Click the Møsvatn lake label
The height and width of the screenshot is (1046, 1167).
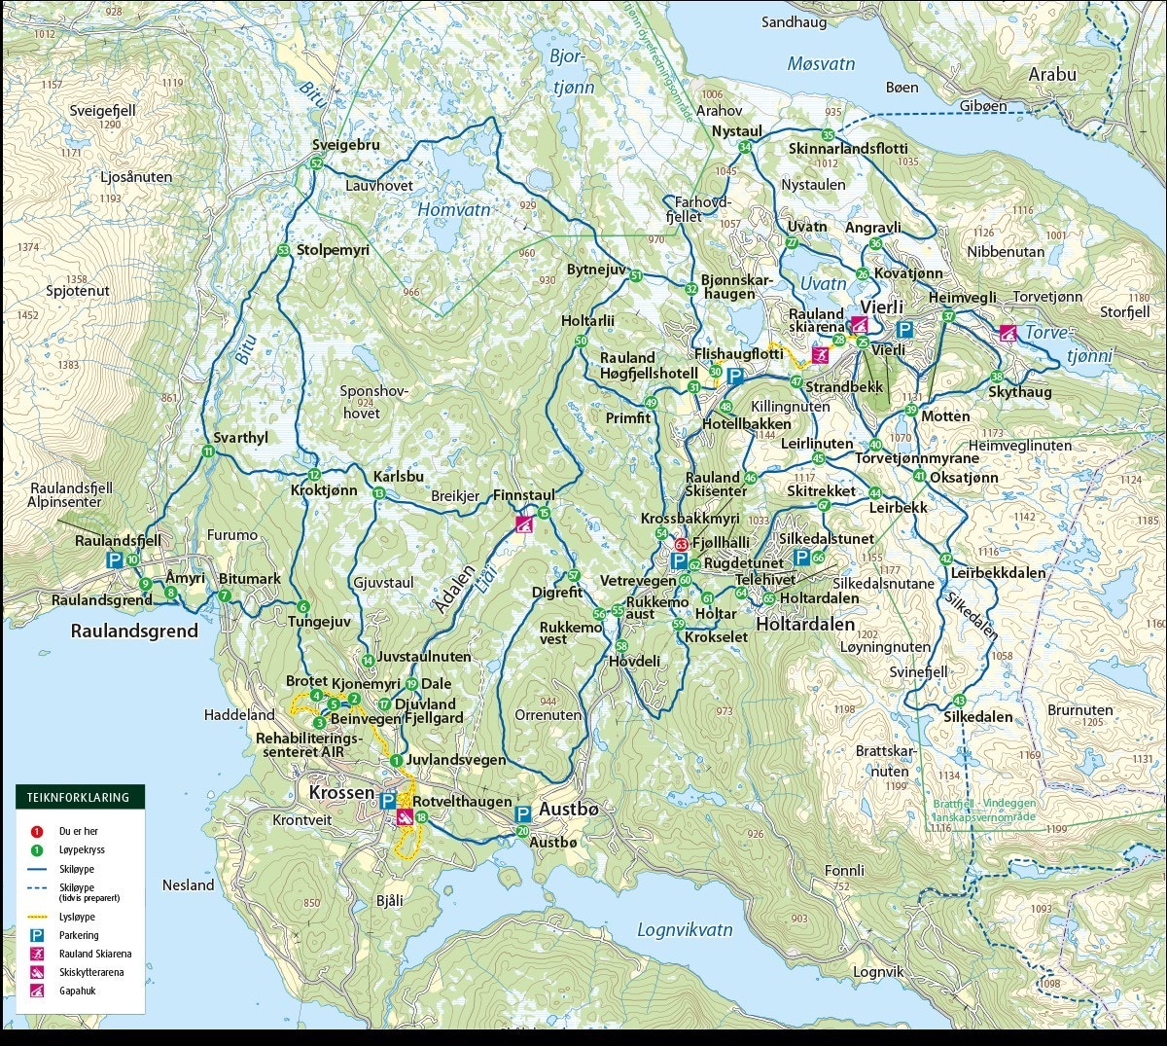(821, 64)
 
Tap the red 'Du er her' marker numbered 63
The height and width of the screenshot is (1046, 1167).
(682, 545)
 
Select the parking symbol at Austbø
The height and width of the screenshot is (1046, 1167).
(522, 813)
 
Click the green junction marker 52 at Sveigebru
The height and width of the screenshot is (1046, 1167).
(316, 163)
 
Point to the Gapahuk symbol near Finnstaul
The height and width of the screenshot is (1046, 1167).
(524, 525)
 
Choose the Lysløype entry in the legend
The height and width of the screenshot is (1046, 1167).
(77, 917)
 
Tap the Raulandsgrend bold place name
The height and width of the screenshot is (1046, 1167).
(134, 631)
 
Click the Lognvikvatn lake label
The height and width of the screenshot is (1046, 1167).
(685, 929)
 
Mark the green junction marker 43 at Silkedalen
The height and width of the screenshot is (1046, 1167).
(960, 701)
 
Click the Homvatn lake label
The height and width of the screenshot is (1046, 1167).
(454, 209)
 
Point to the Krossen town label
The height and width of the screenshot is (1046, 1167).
(341, 792)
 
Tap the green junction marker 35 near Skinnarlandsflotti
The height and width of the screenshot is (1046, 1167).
(828, 135)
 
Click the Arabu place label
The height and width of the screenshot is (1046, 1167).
(1052, 74)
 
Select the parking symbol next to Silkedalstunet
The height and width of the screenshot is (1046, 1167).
(801, 557)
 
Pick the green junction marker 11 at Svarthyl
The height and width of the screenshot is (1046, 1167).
(208, 451)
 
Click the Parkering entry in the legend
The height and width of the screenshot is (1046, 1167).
(78, 935)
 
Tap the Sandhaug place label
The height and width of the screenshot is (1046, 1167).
(794, 21)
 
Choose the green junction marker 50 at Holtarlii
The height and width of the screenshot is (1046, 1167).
(581, 342)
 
